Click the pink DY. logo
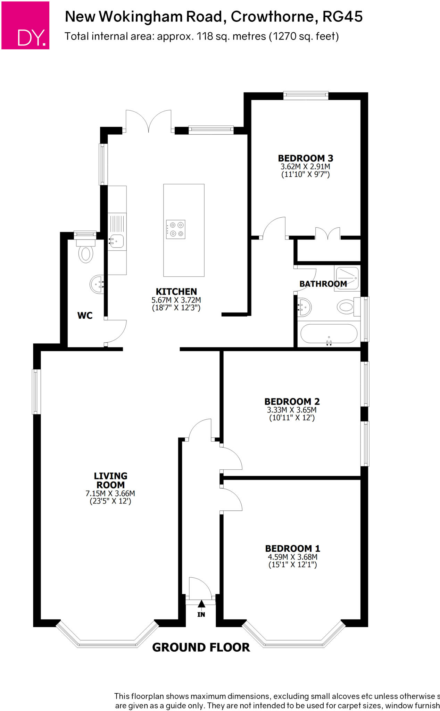point(25,25)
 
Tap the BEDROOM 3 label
point(305,158)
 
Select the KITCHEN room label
point(176,292)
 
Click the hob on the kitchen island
point(176,229)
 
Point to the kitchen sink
point(117,240)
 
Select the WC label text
point(85,316)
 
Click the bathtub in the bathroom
point(329,334)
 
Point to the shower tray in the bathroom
point(347,278)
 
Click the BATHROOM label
point(323,284)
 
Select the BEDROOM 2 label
point(292,402)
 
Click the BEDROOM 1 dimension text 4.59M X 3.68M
point(292,557)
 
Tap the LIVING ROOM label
point(110,480)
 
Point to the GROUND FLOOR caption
point(201,647)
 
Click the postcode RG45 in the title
point(342,17)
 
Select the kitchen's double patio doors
point(149,122)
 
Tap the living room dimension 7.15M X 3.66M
point(110,493)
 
